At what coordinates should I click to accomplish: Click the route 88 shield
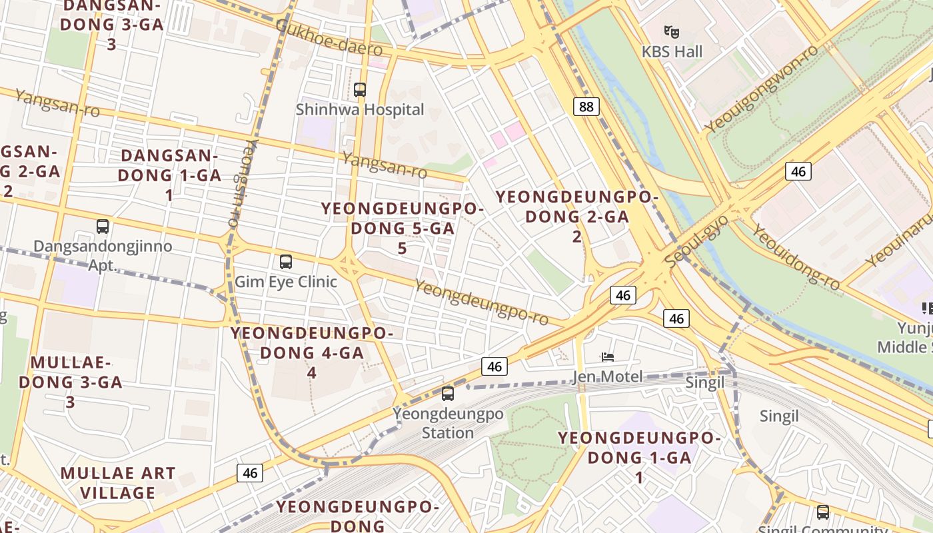[x=586, y=107]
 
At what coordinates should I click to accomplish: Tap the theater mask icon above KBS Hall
[x=672, y=31]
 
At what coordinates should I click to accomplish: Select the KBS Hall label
[x=672, y=51]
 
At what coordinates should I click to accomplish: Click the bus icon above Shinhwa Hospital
[x=360, y=89]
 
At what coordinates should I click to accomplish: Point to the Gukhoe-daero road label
[x=329, y=37]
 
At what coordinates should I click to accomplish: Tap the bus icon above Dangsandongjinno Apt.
[x=103, y=227]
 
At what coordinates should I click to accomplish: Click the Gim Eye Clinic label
[x=286, y=282]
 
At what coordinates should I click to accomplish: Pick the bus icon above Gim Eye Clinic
[x=286, y=262]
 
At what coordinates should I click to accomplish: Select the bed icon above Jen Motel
[x=607, y=357]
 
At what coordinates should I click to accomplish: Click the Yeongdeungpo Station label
[x=448, y=423]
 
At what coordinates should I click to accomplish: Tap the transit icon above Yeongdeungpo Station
[x=448, y=394]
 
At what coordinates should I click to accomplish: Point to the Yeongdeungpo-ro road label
[x=482, y=303]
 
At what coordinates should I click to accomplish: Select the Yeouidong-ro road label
[x=796, y=257]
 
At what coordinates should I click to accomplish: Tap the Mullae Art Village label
[x=118, y=483]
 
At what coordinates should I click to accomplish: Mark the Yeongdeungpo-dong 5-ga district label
[x=403, y=228]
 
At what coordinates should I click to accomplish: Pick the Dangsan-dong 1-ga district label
[x=169, y=175]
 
